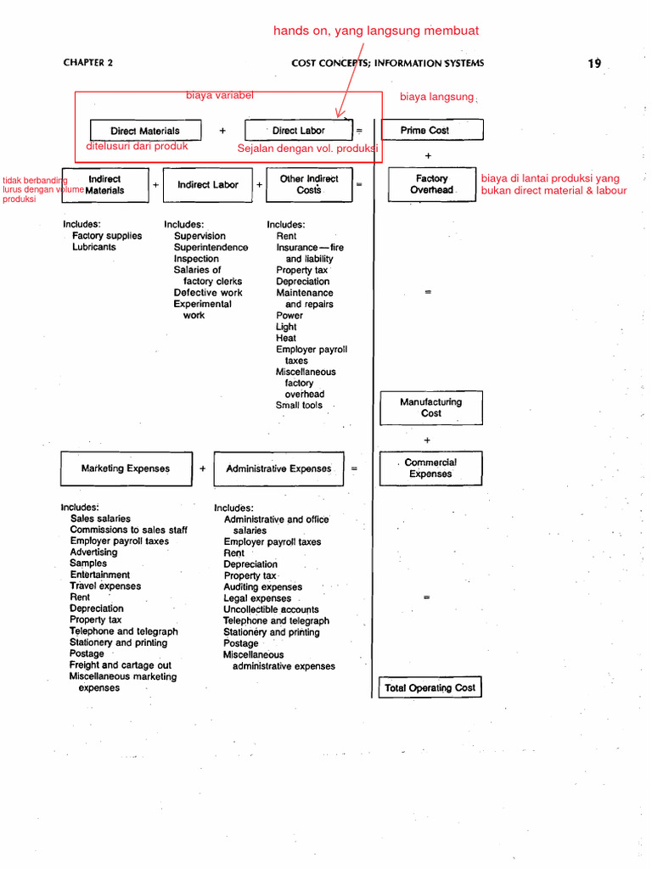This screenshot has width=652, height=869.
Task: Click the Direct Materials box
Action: point(145,131)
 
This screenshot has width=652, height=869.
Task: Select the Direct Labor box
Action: point(298,131)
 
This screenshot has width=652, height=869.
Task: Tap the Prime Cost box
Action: point(431,130)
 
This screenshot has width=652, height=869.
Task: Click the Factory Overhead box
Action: point(431,184)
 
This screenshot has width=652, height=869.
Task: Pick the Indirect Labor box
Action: point(208,185)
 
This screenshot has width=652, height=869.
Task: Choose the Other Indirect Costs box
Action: point(309,185)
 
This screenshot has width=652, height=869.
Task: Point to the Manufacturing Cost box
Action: point(431,407)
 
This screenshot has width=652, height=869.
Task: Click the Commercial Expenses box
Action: point(430,468)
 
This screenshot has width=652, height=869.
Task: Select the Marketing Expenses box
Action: point(126,468)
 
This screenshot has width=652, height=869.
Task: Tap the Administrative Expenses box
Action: point(278,468)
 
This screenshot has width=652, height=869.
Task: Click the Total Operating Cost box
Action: point(430,687)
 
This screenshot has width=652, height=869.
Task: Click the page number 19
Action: point(594,63)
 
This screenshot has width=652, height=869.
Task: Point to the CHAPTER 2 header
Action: point(87,63)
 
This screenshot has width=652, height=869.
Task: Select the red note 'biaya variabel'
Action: point(220,95)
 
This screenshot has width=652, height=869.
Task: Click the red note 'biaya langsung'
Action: point(436,97)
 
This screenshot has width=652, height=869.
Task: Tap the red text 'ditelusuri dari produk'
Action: point(137,146)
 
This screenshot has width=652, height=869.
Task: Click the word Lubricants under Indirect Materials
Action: point(94,247)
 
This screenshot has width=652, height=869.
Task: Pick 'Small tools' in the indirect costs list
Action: point(299,406)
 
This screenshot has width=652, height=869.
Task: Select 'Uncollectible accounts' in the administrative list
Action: point(271,609)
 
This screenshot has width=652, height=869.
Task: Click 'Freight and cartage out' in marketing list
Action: point(120,665)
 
